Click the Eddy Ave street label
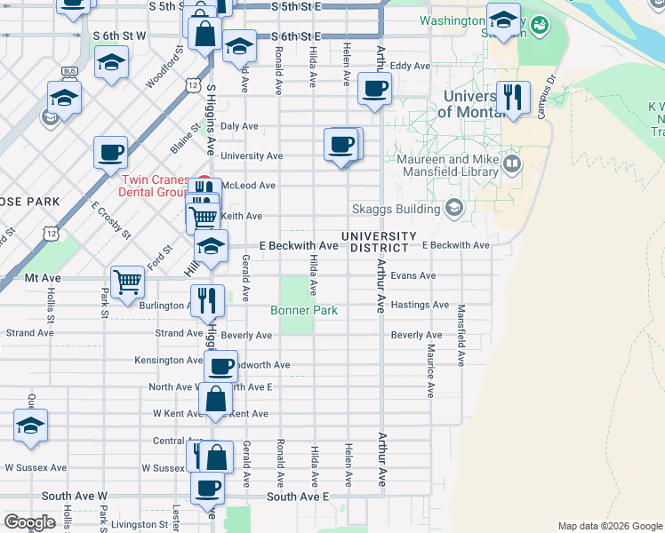point(410,66)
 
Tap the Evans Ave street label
point(413,275)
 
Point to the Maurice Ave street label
point(429,370)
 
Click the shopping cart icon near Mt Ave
point(127,282)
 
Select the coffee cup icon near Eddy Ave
point(374,88)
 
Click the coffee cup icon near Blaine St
point(110,152)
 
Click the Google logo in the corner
point(29,522)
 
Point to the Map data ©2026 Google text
point(609,526)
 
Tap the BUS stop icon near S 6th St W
point(69,70)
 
